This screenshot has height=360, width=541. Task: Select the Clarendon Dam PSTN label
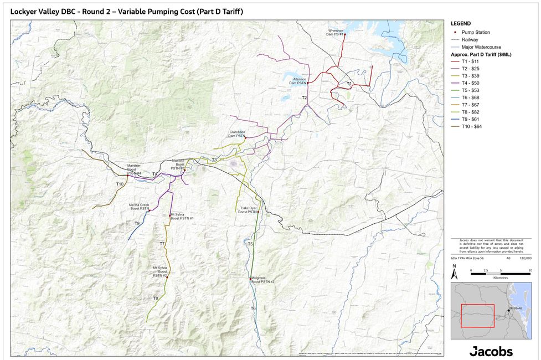click(237, 133)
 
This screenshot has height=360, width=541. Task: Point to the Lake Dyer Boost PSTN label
click(248, 210)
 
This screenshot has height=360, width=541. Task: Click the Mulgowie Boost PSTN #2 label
click(262, 280)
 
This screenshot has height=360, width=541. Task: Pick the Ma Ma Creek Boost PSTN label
click(139, 206)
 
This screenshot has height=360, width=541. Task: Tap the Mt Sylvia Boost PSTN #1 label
click(182, 217)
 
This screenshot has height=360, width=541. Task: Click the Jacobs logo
click(491, 351)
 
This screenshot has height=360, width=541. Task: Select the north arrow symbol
click(454, 272)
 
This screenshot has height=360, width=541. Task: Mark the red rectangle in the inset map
click(477, 316)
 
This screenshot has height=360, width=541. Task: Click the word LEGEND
click(461, 24)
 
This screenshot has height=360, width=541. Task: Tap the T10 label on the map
click(120, 184)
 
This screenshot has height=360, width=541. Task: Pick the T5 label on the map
click(250, 244)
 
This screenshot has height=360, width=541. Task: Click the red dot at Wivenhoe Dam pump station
click(344, 34)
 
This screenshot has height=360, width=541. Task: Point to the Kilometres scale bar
click(500, 272)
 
